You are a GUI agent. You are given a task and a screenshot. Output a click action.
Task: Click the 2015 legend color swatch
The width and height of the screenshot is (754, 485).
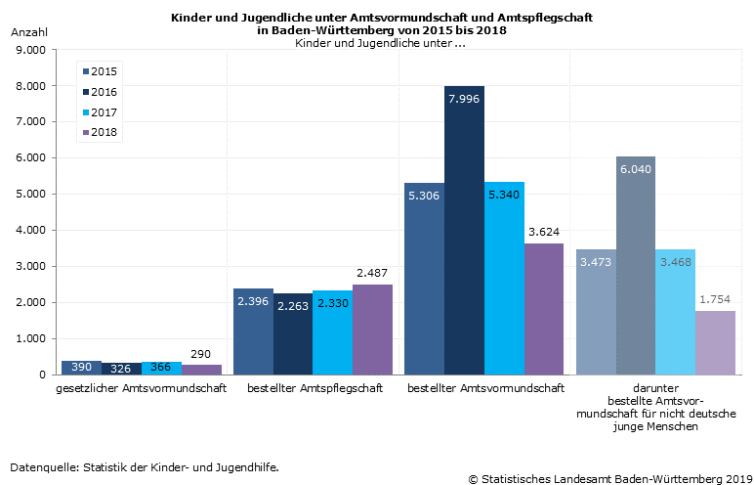[86, 71]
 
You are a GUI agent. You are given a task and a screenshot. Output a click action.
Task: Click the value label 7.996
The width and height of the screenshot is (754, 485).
[464, 99]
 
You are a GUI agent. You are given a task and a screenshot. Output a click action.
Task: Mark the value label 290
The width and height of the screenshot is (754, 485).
[201, 353]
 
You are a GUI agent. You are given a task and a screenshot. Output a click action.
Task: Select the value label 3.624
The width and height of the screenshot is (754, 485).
[544, 232]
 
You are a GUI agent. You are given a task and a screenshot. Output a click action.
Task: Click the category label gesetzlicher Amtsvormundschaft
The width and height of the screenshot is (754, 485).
[141, 388]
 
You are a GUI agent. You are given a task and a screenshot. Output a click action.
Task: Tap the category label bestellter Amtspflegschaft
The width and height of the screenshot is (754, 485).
[314, 388]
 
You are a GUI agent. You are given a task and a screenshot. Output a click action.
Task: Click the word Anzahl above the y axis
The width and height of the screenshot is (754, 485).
[28, 32]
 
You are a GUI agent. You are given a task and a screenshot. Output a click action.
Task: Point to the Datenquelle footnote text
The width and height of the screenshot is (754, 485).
[145, 466]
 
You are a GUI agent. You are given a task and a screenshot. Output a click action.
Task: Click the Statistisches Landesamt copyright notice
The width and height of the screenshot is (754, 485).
[607, 478]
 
